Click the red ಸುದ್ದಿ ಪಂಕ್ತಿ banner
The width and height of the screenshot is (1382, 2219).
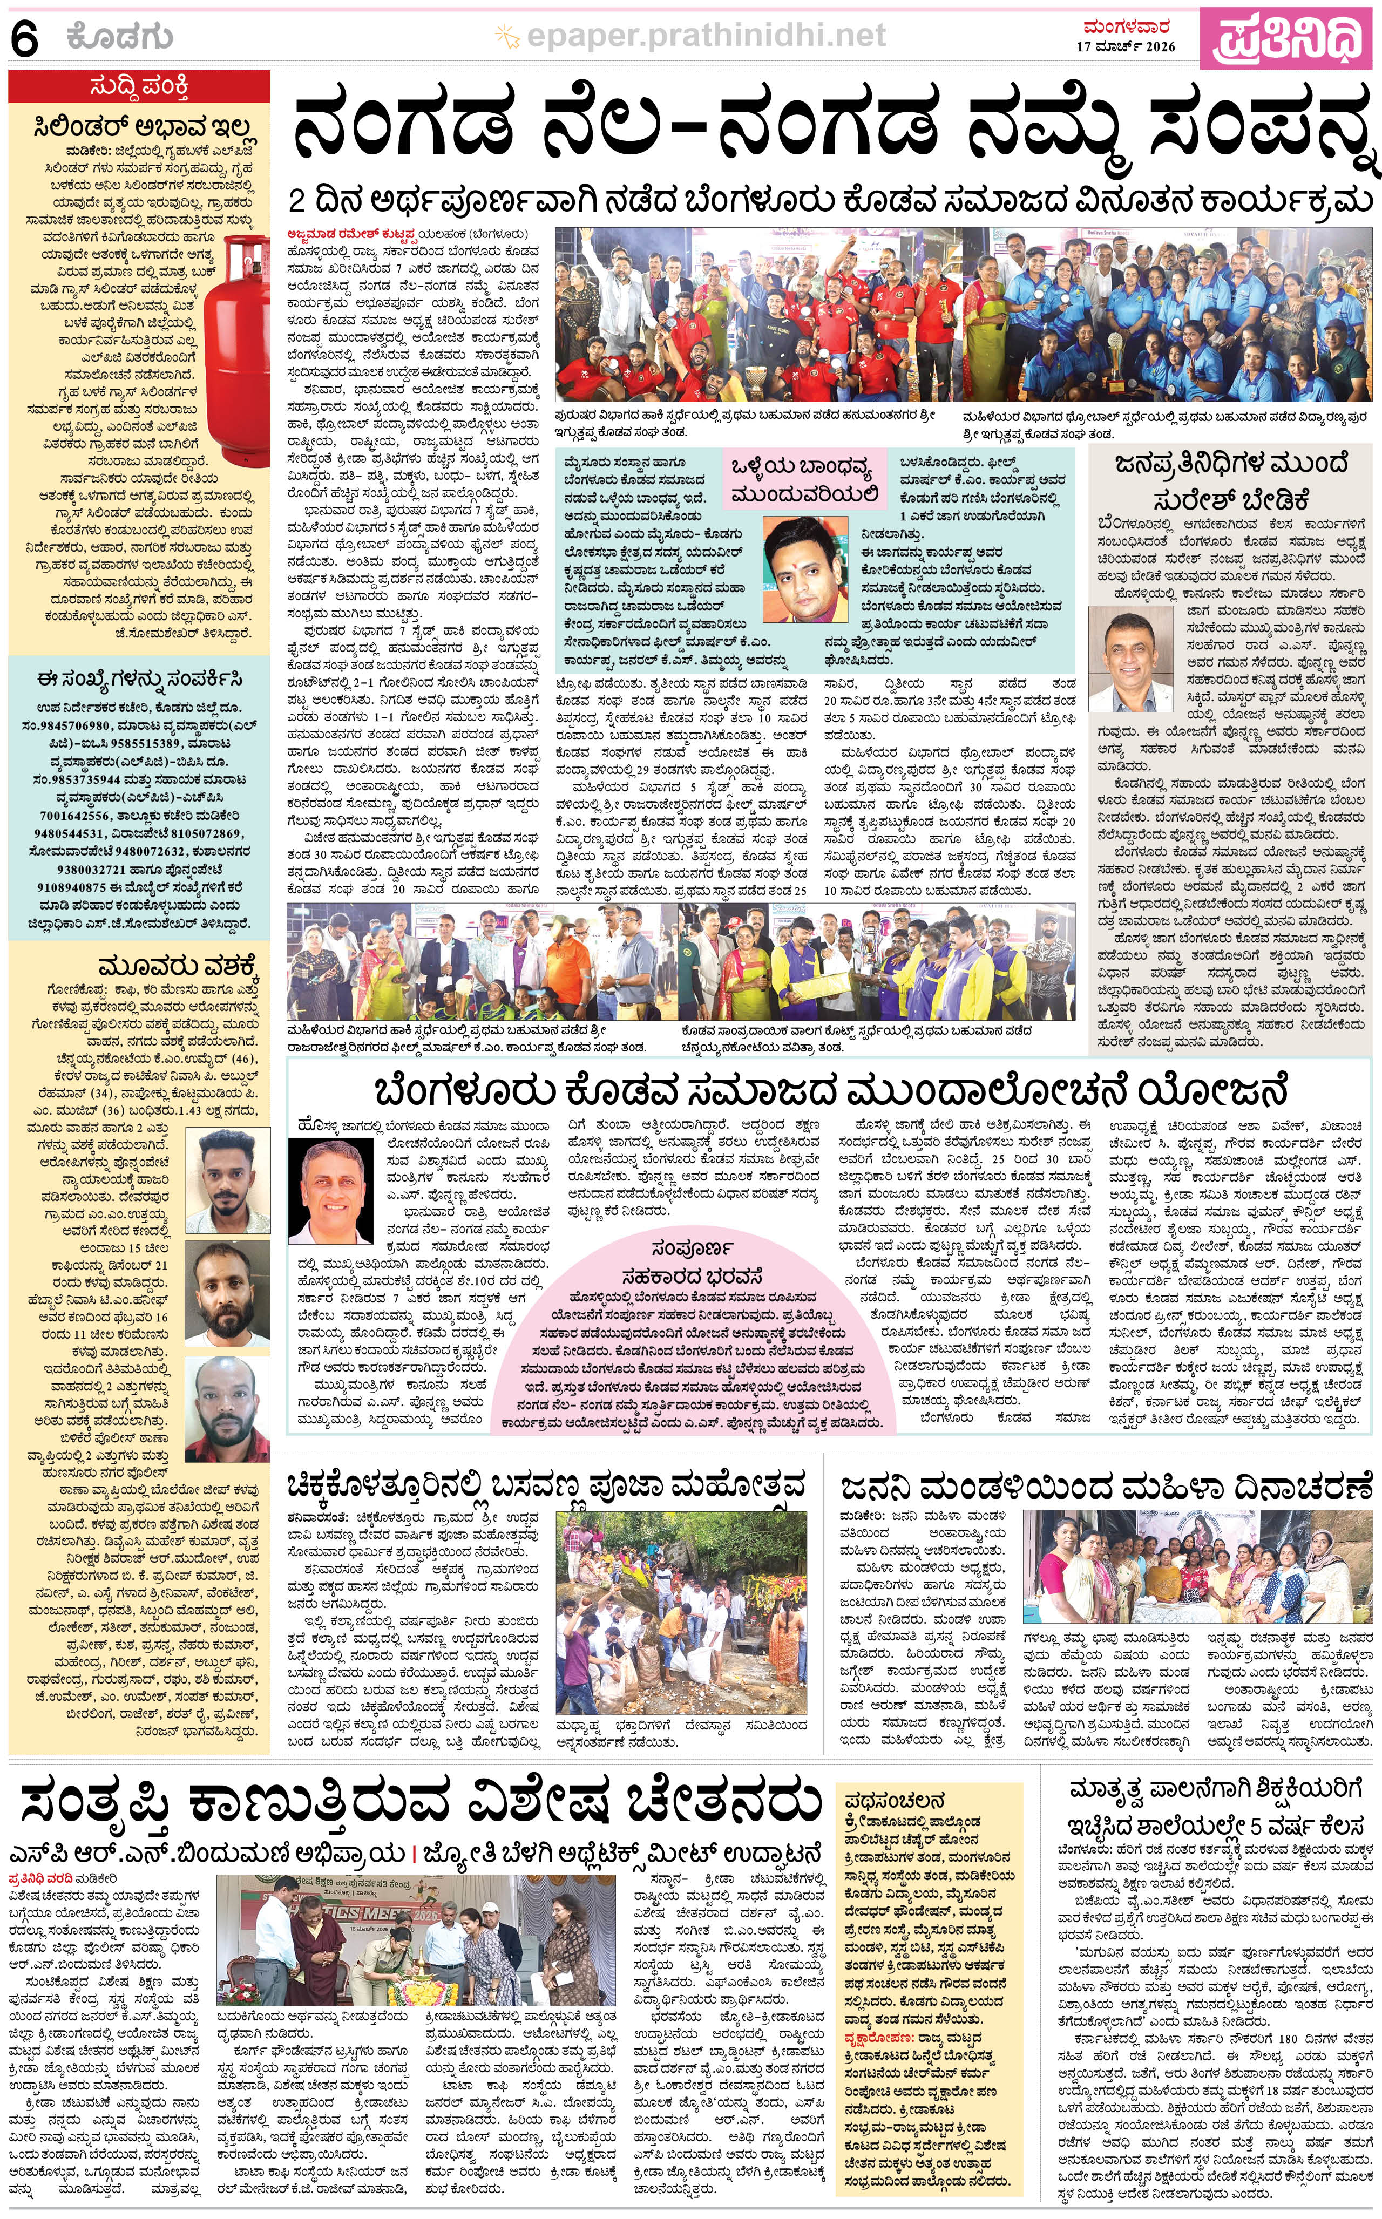[139, 87]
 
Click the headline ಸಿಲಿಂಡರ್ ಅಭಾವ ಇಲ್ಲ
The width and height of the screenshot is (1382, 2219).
[139, 125]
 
